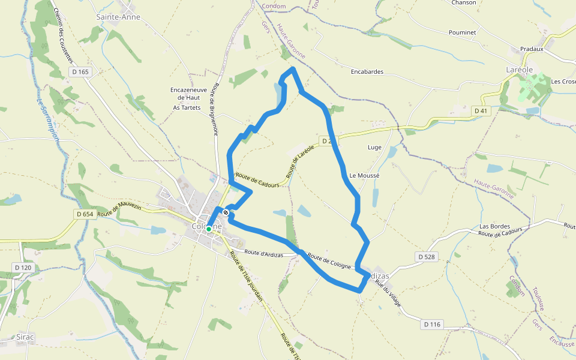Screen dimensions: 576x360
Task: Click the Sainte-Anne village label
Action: tap(118, 17)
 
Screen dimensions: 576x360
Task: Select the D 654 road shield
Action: tap(86, 214)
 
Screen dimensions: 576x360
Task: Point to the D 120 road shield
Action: tap(22, 268)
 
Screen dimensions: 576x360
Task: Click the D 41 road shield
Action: tap(481, 111)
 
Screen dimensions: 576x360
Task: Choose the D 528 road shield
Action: tap(427, 257)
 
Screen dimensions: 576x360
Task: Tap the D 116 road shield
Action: tap(432, 325)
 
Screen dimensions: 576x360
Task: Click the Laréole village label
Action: tap(520, 70)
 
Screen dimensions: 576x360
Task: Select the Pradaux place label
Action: tap(532, 49)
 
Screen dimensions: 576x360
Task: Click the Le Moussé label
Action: tap(364, 176)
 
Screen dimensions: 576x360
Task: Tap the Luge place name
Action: tap(374, 147)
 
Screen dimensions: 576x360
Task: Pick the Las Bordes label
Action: tap(494, 226)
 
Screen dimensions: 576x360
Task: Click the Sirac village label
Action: tap(25, 338)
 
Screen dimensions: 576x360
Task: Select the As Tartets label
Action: tap(186, 108)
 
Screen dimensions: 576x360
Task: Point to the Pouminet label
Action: tap(462, 32)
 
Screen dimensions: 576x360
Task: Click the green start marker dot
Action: tap(209, 229)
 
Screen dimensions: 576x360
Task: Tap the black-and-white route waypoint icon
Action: tap(226, 212)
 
